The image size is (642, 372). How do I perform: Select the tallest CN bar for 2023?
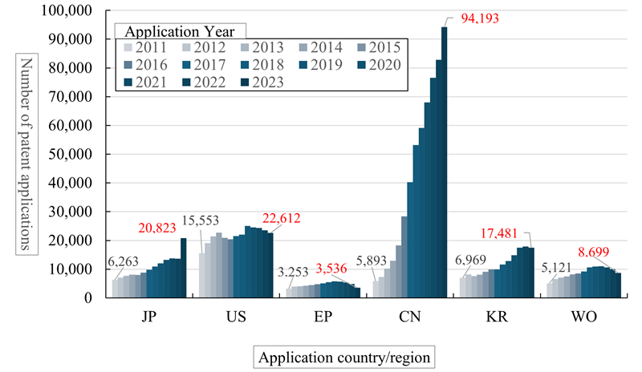[445, 160]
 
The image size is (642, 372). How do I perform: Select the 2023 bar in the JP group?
[183, 267]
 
